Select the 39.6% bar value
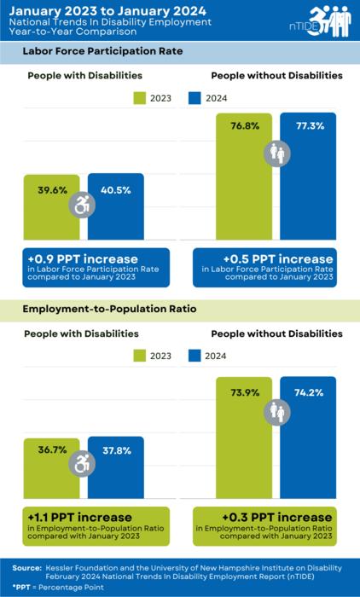pyautogui.click(x=52, y=190)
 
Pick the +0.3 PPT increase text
pyautogui.click(x=264, y=517)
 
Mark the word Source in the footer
pyautogui.click(x=26, y=566)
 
